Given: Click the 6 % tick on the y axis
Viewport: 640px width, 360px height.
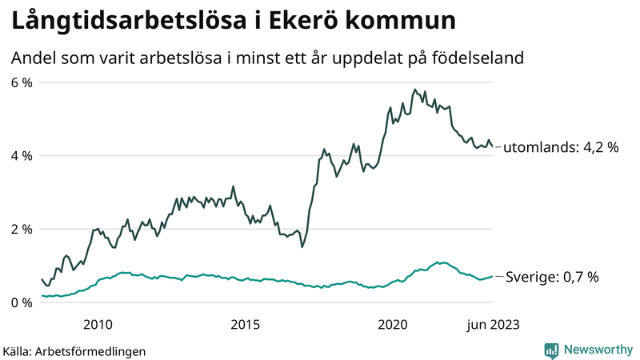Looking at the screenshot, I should [x=21, y=82].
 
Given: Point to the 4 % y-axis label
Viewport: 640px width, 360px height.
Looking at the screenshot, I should [x=21, y=156].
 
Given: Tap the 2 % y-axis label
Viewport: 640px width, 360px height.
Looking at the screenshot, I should [x=21, y=230].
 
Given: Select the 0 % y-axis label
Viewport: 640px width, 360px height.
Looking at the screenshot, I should [x=21, y=302].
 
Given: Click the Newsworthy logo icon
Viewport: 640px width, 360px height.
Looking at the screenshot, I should [x=551, y=350].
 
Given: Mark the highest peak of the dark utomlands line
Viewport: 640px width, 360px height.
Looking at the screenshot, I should [x=414, y=90].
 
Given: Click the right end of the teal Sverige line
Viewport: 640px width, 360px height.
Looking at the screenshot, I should [x=492, y=276].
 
